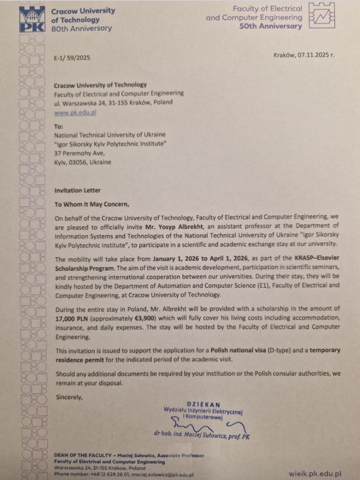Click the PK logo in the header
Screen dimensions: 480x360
point(32,19)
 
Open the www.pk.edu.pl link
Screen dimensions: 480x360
point(75,113)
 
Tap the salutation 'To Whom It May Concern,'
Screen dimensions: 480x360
point(91,204)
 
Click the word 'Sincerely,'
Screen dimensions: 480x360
point(68,397)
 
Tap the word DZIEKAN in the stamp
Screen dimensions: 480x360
point(203,404)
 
